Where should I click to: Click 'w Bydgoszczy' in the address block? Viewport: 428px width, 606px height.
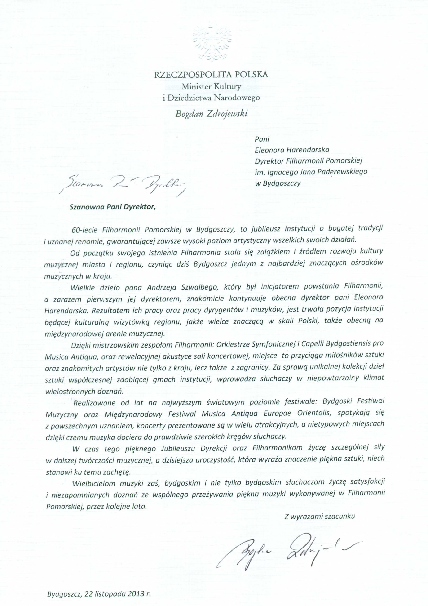click(x=278, y=183)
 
